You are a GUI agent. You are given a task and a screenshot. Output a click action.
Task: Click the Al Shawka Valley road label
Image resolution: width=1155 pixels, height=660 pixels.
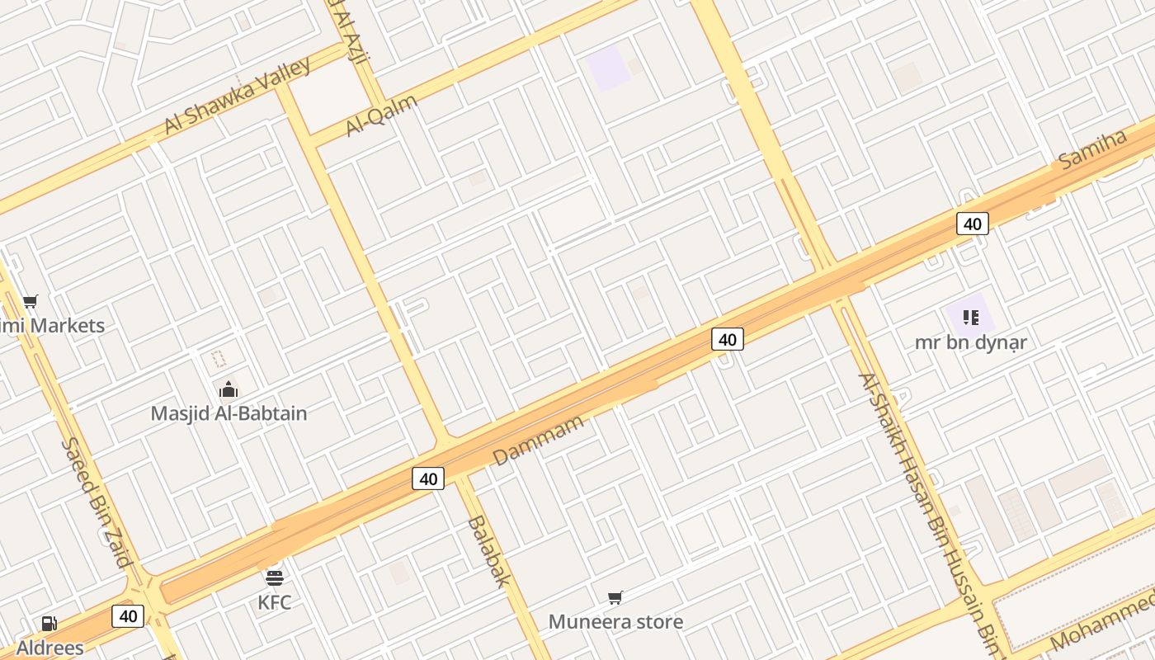pyautogui.click(x=237, y=95)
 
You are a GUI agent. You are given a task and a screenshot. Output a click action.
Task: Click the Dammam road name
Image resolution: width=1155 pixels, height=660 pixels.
pyautogui.click(x=538, y=441)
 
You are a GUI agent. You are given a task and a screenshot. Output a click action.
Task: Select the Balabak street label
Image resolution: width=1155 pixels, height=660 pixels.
pyautogui.click(x=488, y=551)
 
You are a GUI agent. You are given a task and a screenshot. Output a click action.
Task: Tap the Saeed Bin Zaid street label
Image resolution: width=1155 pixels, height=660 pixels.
pyautogui.click(x=97, y=502)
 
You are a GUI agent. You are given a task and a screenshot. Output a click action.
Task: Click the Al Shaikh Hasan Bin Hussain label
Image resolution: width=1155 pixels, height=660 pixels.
pyautogui.click(x=927, y=511)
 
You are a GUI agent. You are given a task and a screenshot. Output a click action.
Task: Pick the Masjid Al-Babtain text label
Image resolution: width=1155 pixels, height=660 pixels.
pyautogui.click(x=229, y=413)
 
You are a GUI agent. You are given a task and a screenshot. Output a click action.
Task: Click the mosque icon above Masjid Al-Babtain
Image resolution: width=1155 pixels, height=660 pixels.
pyautogui.click(x=228, y=389)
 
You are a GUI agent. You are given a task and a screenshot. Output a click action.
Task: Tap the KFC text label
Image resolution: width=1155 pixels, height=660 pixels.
pyautogui.click(x=275, y=602)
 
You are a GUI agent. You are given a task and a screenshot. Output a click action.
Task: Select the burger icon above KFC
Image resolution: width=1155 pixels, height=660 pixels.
pyautogui.click(x=275, y=577)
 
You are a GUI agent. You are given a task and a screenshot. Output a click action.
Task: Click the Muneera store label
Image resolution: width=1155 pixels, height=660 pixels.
pyautogui.click(x=615, y=621)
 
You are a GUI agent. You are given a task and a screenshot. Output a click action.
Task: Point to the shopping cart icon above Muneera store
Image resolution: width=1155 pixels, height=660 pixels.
pyautogui.click(x=615, y=597)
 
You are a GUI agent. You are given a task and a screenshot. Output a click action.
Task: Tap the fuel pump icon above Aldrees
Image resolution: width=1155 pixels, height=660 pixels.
pyautogui.click(x=49, y=624)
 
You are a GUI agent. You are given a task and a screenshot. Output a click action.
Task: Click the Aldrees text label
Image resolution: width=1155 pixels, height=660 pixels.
pyautogui.click(x=49, y=648)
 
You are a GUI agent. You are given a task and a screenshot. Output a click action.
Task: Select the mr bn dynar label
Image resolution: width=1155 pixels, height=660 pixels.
pyautogui.click(x=971, y=342)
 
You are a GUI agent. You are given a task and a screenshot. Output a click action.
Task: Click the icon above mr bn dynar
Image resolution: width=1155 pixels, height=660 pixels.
pyautogui.click(x=970, y=317)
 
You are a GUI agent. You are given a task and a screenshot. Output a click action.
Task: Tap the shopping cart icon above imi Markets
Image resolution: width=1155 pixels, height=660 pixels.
pyautogui.click(x=31, y=302)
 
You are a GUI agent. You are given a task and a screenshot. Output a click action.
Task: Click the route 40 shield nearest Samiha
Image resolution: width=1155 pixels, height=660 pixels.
pyautogui.click(x=973, y=224)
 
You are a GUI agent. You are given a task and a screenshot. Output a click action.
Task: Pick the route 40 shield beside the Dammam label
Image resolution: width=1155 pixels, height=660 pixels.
pyautogui.click(x=428, y=478)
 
